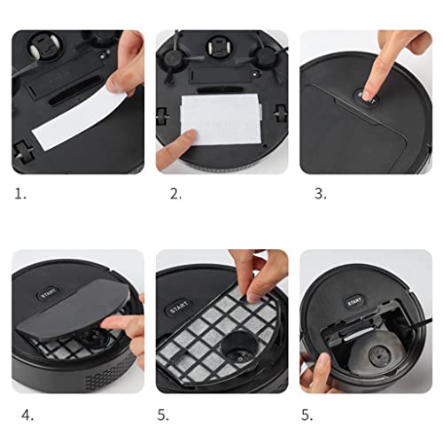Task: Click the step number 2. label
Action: (x=175, y=194)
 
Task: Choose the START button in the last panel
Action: (x=354, y=300)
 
